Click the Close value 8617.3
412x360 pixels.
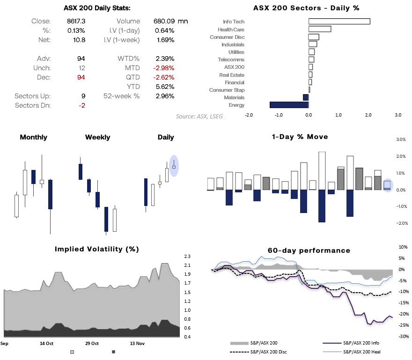pyautogui.click(x=76, y=21)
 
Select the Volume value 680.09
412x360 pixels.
pyautogui.click(x=164, y=21)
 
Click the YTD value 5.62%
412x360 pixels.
pyautogui.click(x=165, y=87)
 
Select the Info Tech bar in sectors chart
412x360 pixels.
pyautogui.click(x=339, y=22)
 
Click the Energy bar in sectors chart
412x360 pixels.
pyautogui.click(x=289, y=105)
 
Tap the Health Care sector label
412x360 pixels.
pyautogui.click(x=231, y=29)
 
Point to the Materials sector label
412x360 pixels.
pyautogui.click(x=234, y=97)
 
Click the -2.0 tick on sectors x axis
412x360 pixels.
pyautogui.click(x=249, y=114)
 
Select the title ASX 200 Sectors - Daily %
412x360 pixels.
pyautogui.click(x=306, y=8)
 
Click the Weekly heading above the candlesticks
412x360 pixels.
pyautogui.click(x=97, y=137)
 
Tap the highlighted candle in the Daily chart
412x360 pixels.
pyautogui.click(x=174, y=166)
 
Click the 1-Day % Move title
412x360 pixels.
pyautogui.click(x=300, y=137)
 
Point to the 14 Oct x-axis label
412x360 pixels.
pyautogui.click(x=47, y=343)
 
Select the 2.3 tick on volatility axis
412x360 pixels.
pyautogui.click(x=187, y=257)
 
